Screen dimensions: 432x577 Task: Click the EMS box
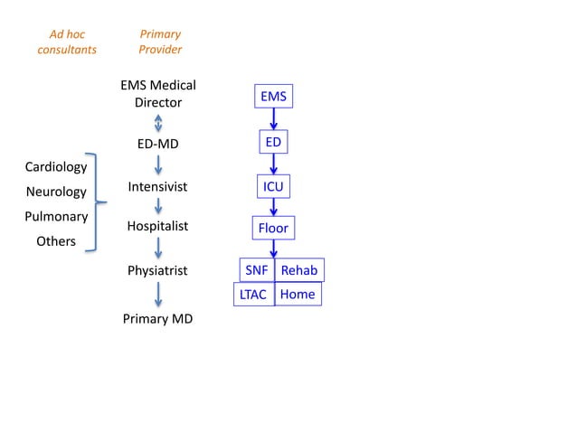(273, 95)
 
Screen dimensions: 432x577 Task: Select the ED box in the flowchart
(273, 143)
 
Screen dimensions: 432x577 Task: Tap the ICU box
(273, 187)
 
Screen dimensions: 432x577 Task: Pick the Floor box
(273, 228)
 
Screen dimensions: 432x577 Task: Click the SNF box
(256, 270)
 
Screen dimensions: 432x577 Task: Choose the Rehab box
(298, 270)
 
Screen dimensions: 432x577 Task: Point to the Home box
(298, 294)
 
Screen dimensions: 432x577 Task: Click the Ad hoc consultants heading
(67, 42)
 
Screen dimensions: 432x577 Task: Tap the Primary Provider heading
(160, 42)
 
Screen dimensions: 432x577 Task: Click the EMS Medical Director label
(158, 94)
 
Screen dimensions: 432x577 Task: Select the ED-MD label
(158, 143)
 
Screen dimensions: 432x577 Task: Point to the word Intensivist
(158, 187)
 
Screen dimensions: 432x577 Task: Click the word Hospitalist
(158, 226)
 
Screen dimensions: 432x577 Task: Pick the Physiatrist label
(158, 270)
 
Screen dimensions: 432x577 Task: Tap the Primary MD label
(158, 319)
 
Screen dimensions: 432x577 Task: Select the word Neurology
(56, 192)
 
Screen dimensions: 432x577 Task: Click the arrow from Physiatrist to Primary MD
(158, 295)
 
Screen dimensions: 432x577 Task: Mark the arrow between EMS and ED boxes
(273, 119)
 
